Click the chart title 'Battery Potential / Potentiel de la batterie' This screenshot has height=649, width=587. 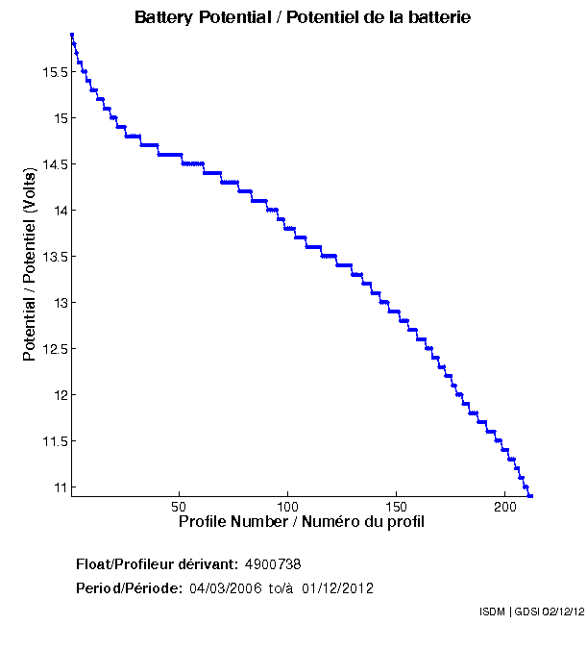(303, 18)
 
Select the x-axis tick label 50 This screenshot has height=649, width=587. (179, 506)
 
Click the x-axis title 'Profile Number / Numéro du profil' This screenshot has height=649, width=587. (302, 522)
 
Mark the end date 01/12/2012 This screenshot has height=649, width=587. (337, 587)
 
